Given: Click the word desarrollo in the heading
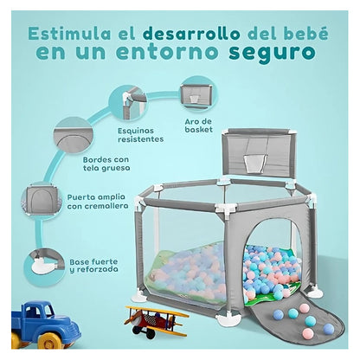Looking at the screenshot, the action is point(191,34).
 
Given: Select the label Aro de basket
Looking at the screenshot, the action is point(199,125).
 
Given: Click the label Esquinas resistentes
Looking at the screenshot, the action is point(140,135).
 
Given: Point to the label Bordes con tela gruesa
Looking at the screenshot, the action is point(106,164).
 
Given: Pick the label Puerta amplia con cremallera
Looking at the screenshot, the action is point(98,202).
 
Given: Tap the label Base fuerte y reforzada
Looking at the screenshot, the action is point(94,266).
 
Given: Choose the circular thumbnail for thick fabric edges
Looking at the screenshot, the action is point(73,137).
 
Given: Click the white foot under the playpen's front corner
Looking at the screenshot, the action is point(228,320).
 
